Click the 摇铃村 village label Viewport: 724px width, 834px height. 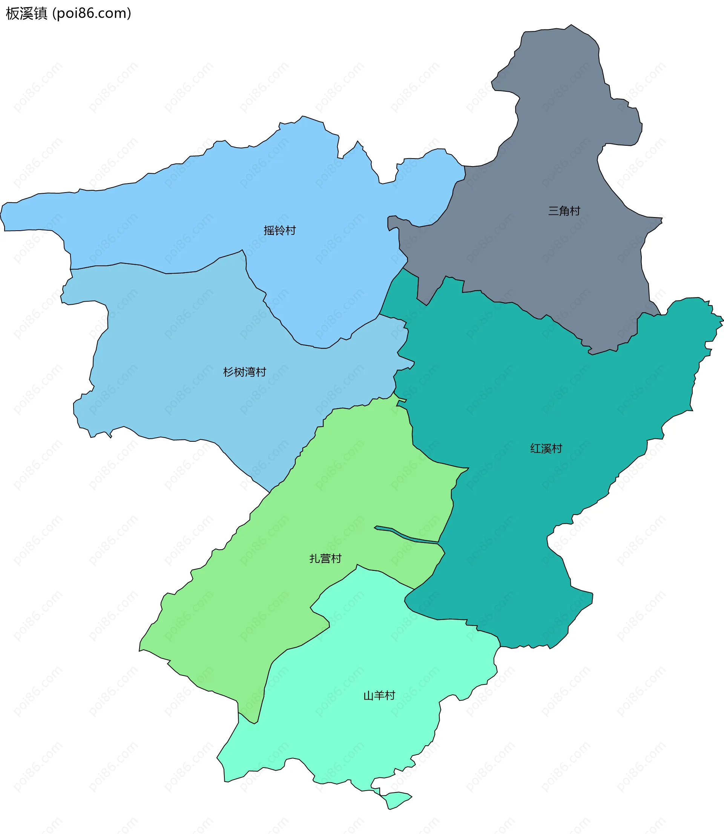pyautogui.click(x=279, y=231)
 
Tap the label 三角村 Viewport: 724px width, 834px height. pyautogui.click(x=564, y=211)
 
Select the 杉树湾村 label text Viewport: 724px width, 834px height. pyautogui.click(x=244, y=372)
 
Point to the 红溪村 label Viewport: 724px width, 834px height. pyautogui.click(x=546, y=449)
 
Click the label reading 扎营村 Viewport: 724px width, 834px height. pyautogui.click(x=325, y=558)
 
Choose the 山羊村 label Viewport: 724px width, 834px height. pyautogui.click(x=379, y=696)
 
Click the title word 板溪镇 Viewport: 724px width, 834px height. pyautogui.click(x=27, y=13)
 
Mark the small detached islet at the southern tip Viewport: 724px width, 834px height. pyautogui.click(x=396, y=800)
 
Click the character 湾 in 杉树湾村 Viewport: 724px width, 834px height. pyautogui.click(x=250, y=372)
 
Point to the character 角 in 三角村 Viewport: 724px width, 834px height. pyautogui.click(x=564, y=211)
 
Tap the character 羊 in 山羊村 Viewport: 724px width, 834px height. pyautogui.click(x=379, y=696)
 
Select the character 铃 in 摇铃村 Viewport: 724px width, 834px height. pyautogui.click(x=279, y=231)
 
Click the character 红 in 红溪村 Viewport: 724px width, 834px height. pyautogui.click(x=535, y=449)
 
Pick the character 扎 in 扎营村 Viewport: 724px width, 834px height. pyautogui.click(x=315, y=558)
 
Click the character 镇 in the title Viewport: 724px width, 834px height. pyautogui.click(x=41, y=13)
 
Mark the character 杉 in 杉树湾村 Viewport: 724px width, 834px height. pyautogui.click(x=228, y=372)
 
